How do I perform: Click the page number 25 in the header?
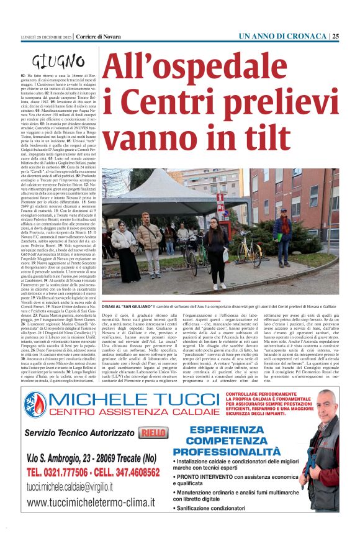click(336, 37)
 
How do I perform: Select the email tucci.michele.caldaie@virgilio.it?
click(78, 487)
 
